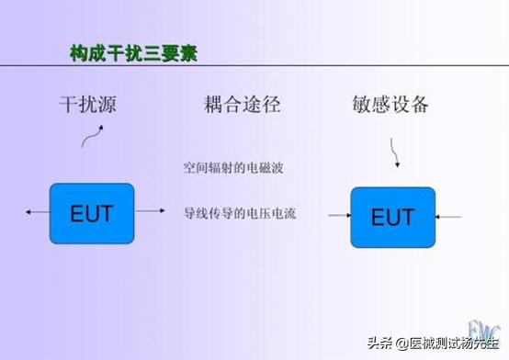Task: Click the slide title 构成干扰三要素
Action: (134, 52)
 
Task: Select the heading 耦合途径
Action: (242, 104)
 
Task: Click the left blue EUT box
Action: (91, 213)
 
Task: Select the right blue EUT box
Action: (392, 217)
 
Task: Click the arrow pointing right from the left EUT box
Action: (150, 213)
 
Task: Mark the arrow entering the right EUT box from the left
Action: (338, 217)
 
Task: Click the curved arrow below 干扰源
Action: (92, 137)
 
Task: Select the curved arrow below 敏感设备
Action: (395, 154)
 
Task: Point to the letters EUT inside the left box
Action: (91, 213)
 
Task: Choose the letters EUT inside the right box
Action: (392, 218)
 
